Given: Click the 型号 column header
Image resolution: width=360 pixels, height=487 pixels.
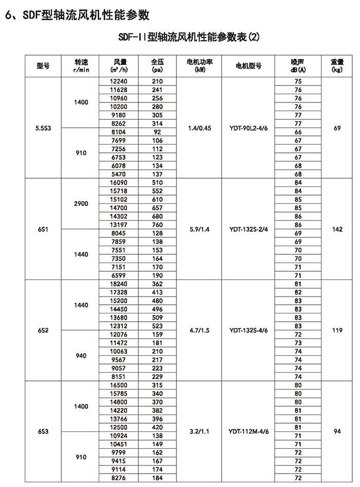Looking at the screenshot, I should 43,66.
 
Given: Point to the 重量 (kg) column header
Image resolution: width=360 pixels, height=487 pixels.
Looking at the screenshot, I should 337,66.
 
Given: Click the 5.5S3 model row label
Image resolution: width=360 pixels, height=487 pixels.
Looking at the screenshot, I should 43,128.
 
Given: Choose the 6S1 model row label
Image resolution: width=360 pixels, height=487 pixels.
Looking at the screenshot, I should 43,229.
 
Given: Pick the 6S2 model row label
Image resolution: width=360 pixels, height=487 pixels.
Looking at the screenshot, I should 43,331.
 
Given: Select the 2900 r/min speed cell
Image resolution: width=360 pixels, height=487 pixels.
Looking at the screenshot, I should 81,204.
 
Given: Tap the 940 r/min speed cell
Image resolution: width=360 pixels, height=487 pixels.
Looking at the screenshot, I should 81,356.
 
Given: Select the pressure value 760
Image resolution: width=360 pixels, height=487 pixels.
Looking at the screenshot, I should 157,225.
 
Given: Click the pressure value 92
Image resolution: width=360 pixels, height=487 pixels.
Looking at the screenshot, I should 157,132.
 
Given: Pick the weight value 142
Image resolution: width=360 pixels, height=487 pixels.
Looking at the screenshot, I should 337,229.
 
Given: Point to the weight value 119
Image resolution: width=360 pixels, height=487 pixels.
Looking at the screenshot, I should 337,331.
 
